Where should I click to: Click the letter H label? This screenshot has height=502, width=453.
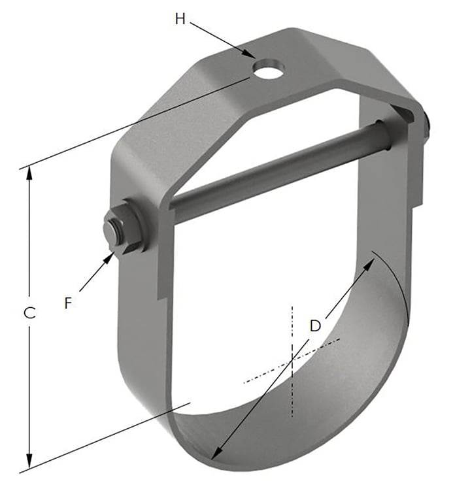(180, 19)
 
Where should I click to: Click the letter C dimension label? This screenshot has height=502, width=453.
(29, 313)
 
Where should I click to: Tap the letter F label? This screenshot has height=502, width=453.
(68, 303)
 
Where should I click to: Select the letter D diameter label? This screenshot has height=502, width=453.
(315, 326)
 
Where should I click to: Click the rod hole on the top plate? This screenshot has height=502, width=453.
(268, 69)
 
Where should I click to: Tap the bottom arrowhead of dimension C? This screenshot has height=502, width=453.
(29, 461)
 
